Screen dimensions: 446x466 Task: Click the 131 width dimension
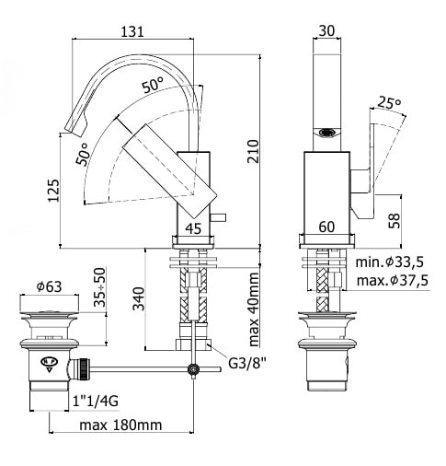tap(132, 31)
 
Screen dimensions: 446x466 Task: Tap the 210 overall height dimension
tap(253, 151)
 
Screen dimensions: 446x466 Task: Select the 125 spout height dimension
tap(53, 190)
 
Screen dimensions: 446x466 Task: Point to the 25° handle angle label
tap(389, 102)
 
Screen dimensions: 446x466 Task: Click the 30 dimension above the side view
tap(326, 30)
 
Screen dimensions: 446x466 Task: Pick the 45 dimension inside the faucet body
tap(194, 228)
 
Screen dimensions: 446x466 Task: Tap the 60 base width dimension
tap(326, 227)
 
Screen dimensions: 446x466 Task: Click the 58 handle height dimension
tap(395, 220)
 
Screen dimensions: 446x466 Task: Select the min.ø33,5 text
tap(390, 262)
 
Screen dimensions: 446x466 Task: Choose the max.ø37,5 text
tap(393, 280)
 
